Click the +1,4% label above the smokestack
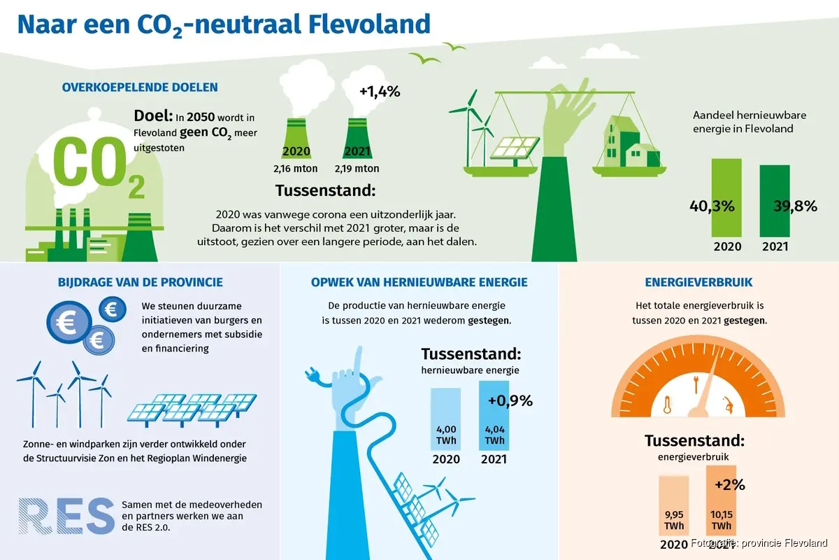click(x=380, y=92)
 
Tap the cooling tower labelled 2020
click(x=296, y=139)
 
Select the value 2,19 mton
click(x=357, y=169)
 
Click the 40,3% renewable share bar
click(x=726, y=197)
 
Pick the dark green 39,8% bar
click(x=775, y=201)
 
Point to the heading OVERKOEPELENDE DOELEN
click(x=140, y=87)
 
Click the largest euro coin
click(x=69, y=322)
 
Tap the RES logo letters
click(x=66, y=516)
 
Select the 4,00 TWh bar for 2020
click(x=446, y=419)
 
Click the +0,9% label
click(x=510, y=400)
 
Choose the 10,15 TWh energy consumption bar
click(x=721, y=500)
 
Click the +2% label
click(x=730, y=484)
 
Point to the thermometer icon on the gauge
click(x=667, y=405)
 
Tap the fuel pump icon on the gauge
click(x=728, y=405)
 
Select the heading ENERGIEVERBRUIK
click(x=698, y=282)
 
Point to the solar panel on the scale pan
click(x=515, y=149)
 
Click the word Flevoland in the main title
click(x=369, y=24)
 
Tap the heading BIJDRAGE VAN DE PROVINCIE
click(x=141, y=282)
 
